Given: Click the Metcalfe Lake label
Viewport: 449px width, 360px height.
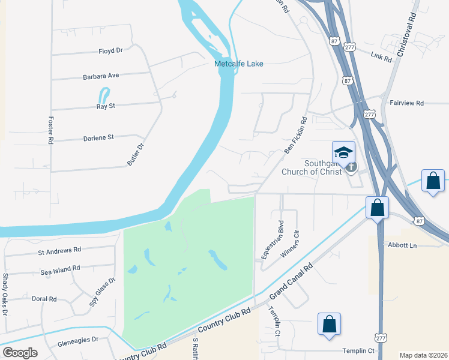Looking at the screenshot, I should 239,64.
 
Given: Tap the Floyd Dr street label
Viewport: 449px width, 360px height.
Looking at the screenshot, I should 110,52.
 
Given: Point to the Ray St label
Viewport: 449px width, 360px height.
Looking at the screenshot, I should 106,107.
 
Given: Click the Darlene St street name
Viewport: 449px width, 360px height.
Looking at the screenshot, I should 98,138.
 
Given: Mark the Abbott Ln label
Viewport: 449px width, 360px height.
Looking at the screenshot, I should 402,245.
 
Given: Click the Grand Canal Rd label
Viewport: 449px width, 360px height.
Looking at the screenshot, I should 291,283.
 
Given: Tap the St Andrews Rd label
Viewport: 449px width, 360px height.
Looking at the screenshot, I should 59,250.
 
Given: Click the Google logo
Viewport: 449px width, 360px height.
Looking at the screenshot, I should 20,352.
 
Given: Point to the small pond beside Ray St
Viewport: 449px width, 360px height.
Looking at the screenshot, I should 104,95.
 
